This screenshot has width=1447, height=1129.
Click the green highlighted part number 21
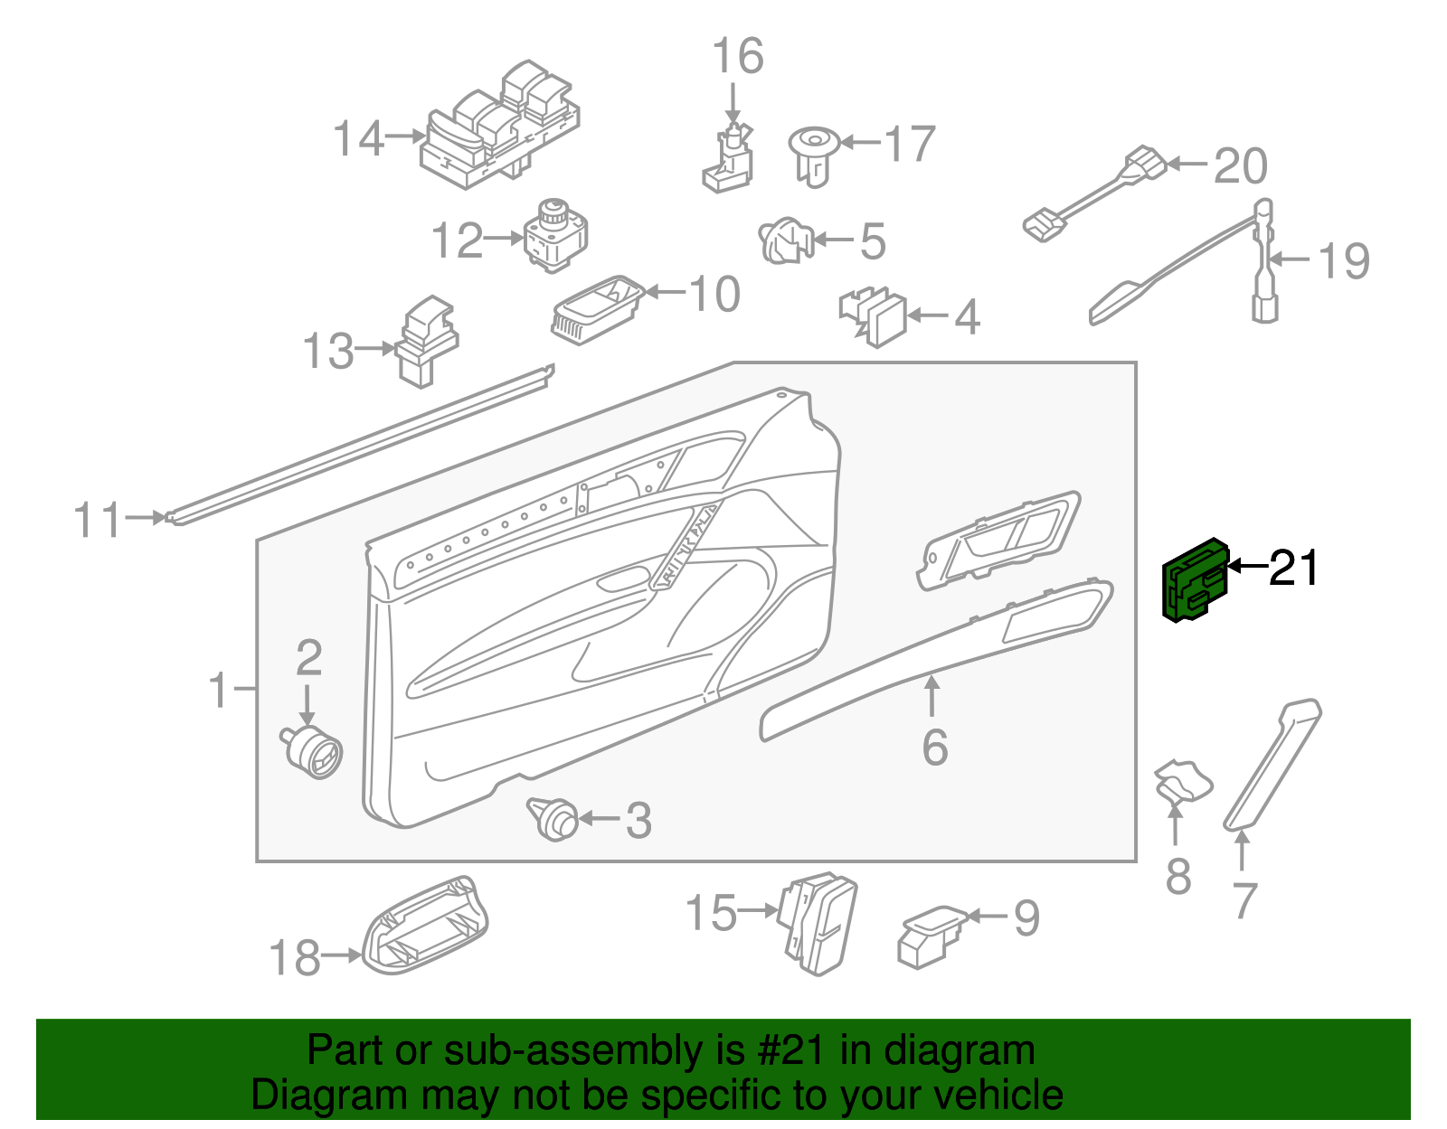pos(1194,581)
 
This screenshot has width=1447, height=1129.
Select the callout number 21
pos(1294,569)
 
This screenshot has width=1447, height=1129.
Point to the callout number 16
pos(738,56)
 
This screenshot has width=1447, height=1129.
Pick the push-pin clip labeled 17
pos(812,154)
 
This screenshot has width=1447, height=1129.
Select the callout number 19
pos(1344,261)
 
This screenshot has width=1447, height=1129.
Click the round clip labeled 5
pos(785,241)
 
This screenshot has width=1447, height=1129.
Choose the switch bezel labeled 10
pos(597,310)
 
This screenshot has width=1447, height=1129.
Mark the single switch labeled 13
pos(425,342)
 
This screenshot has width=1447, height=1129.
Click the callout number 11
pos(97,521)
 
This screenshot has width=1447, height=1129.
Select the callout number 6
pos(935,748)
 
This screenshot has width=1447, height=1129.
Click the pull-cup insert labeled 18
pos(425,927)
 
